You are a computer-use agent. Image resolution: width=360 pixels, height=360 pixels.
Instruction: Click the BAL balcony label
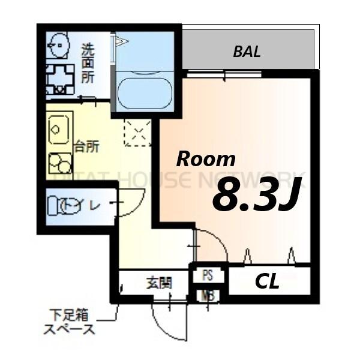click(x=247, y=52)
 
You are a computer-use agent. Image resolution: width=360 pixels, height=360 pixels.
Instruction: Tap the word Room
click(x=205, y=159)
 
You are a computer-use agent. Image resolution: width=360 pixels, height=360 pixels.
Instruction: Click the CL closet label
click(x=267, y=282)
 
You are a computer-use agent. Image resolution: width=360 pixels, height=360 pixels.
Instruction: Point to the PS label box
click(x=208, y=276)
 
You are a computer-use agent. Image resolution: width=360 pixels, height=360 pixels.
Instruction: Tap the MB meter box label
click(x=208, y=295)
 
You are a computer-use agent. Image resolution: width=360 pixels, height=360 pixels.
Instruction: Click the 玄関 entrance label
click(x=159, y=283)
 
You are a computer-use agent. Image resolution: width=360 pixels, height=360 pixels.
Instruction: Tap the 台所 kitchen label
click(x=86, y=146)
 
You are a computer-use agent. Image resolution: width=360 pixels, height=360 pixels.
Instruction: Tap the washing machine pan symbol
click(x=61, y=79)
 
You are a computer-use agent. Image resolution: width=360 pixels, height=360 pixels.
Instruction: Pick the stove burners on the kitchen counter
click(x=60, y=163)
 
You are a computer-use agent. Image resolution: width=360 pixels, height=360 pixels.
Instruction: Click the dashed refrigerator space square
click(x=137, y=133)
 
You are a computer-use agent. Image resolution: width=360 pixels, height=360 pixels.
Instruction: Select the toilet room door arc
click(x=130, y=203)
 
